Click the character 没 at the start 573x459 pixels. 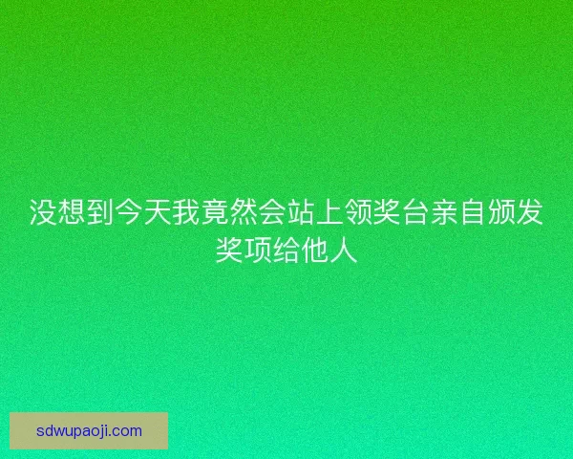pos(44,212)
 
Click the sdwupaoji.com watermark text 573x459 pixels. pos(89,430)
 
